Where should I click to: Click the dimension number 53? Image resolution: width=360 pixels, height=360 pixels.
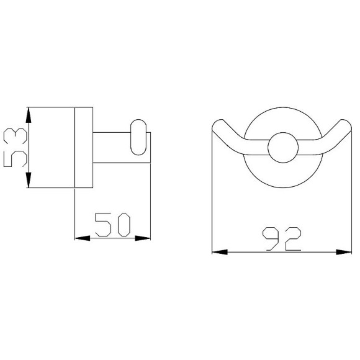click(x=16, y=147)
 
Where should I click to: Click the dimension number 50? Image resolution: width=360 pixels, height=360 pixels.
click(x=112, y=225)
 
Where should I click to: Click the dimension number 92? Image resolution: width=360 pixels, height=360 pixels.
click(x=282, y=239)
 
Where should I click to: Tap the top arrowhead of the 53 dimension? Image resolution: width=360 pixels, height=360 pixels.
click(x=28, y=115)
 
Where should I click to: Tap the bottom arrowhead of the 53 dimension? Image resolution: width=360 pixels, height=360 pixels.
click(x=28, y=180)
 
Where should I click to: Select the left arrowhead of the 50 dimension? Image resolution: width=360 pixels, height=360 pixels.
click(x=83, y=238)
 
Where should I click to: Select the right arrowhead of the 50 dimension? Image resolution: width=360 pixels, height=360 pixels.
click(x=143, y=238)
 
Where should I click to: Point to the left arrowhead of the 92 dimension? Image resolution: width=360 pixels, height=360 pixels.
click(x=220, y=252)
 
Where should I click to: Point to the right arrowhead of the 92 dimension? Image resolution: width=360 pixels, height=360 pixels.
click(x=344, y=252)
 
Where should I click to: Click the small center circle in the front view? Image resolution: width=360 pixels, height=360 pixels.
click(x=283, y=148)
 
